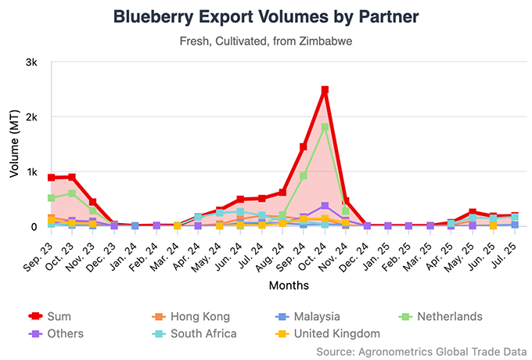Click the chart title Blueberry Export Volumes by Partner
(265, 16)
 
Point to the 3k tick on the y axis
(32, 62)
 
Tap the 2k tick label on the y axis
(32, 117)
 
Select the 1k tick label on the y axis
(32, 171)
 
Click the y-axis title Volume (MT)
(13, 145)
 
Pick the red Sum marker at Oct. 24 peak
(325, 91)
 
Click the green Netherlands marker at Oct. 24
(325, 127)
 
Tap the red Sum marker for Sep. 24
(304, 147)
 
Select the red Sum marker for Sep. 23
(51, 178)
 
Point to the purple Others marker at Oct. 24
(325, 206)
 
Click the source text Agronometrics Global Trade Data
(423, 351)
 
